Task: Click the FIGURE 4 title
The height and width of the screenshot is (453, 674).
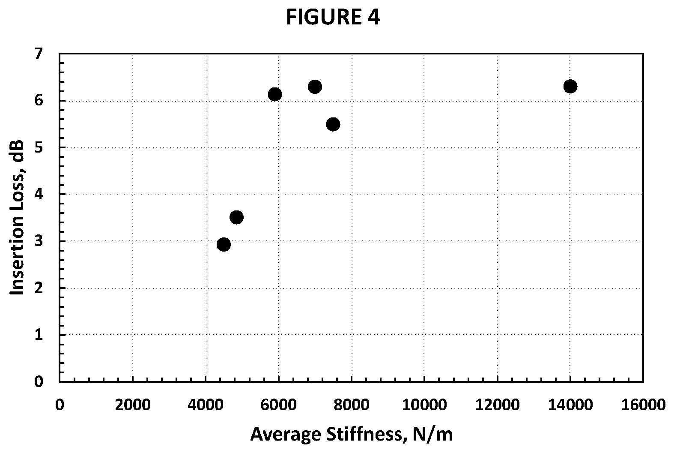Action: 333,17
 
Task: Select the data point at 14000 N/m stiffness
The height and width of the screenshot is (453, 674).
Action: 570,87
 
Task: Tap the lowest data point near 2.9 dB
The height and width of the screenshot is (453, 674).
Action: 224,244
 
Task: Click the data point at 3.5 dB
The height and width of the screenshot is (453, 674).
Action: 236,217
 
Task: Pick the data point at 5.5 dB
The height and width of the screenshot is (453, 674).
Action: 333,124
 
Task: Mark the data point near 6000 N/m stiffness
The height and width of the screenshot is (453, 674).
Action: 275,94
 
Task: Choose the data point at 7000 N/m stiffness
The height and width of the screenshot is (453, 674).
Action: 315,87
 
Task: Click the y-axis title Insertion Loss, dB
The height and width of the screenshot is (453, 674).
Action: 17,217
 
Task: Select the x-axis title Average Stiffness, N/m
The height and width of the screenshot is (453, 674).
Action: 352,434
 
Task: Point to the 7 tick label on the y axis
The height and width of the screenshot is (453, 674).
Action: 39,54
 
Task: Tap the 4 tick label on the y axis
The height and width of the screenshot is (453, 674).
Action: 39,194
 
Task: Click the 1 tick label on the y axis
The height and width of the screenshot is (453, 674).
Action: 39,335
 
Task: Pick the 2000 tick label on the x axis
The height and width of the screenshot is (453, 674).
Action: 133,405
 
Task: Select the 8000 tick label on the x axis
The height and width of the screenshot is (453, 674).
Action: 352,405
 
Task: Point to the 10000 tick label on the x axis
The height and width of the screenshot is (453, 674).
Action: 424,405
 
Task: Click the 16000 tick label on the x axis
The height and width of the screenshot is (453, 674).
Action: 644,405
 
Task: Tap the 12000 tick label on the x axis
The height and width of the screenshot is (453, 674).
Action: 498,405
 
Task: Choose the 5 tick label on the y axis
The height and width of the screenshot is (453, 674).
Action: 39,147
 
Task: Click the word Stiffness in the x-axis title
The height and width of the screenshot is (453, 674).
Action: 365,434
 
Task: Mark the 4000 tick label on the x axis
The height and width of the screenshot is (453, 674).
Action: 206,405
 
